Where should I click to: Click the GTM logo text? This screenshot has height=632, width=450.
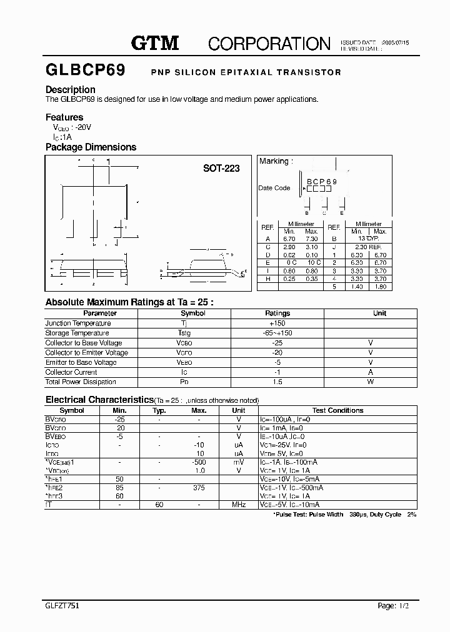pyautogui.click(x=155, y=42)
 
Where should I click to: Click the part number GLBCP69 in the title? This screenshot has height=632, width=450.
pyautogui.click(x=85, y=71)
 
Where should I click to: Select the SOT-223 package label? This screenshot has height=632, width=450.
pyautogui.click(x=221, y=168)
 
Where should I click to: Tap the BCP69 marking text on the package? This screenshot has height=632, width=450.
pyautogui.click(x=321, y=182)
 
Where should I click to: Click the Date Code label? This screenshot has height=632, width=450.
pyautogui.click(x=274, y=188)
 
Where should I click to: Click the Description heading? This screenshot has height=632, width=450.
pyautogui.click(x=71, y=89)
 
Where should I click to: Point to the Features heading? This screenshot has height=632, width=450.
pyautogui.click(x=64, y=117)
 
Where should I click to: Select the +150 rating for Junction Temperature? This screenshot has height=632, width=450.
pyautogui.click(x=277, y=323)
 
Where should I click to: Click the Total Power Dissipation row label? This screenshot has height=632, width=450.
pyautogui.click(x=81, y=382)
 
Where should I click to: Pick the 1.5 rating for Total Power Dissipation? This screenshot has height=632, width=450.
pyautogui.click(x=277, y=382)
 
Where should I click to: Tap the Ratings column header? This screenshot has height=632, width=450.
pyautogui.click(x=277, y=313)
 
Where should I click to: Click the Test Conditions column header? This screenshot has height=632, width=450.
pyautogui.click(x=337, y=410)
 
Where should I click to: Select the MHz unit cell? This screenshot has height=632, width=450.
pyautogui.click(x=239, y=504)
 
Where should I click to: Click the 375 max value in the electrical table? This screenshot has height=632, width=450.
pyautogui.click(x=199, y=487)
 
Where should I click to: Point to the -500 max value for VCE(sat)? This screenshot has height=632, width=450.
pyautogui.click(x=199, y=462)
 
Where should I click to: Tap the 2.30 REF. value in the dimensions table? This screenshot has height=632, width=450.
pyautogui.click(x=368, y=247)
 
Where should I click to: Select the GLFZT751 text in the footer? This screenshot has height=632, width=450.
pyautogui.click(x=62, y=606)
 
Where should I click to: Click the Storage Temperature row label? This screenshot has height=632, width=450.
pyautogui.click(x=77, y=333)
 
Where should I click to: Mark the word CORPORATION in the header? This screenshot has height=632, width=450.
pyautogui.click(x=269, y=43)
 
